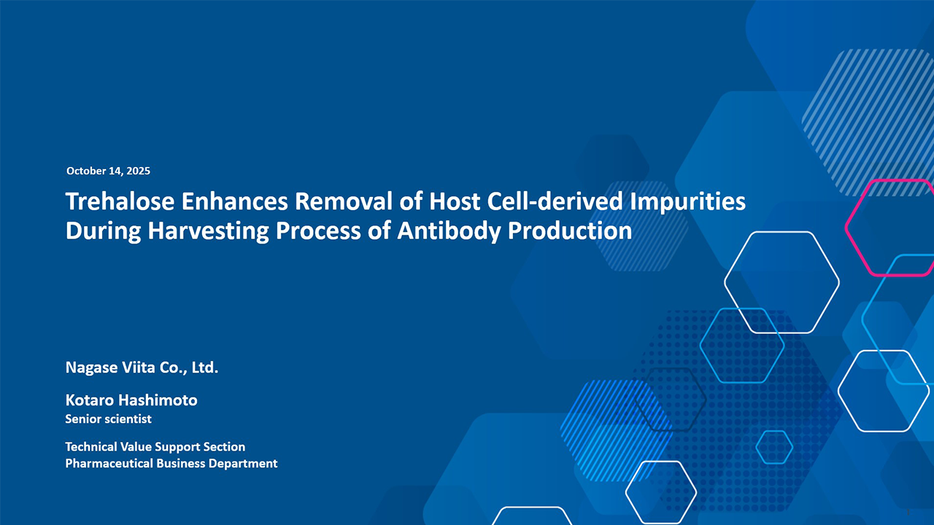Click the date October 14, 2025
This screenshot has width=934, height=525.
(x=108, y=171)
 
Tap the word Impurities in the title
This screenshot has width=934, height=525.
(x=687, y=202)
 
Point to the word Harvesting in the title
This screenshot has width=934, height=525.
(x=208, y=231)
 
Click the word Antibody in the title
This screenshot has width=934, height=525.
(x=449, y=231)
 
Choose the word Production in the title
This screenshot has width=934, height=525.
(x=570, y=230)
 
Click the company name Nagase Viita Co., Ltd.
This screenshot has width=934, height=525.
(x=142, y=367)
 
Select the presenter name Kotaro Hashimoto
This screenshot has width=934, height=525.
(x=131, y=400)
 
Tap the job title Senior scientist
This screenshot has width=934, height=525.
(x=109, y=419)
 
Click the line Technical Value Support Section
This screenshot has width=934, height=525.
(x=155, y=447)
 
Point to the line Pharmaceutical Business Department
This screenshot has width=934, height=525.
(x=171, y=463)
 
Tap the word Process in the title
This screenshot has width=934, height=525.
(x=318, y=230)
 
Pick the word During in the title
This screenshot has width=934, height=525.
(x=104, y=231)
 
